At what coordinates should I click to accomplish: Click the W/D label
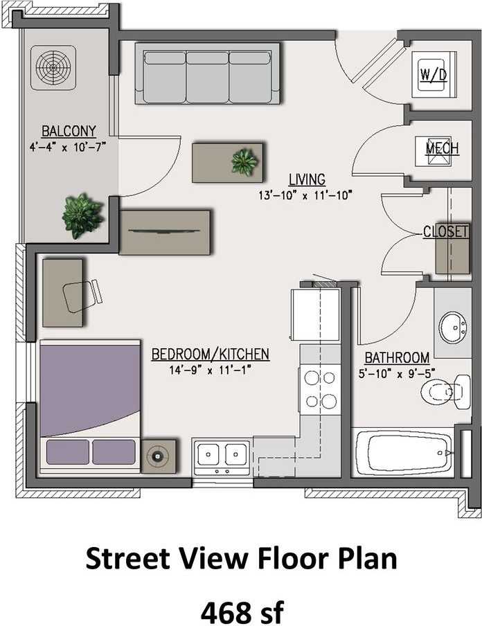click(434, 75)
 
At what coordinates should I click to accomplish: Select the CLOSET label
click(446, 232)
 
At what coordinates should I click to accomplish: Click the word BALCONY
click(69, 131)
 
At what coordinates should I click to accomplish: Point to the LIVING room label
click(307, 180)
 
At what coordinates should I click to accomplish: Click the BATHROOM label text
click(397, 357)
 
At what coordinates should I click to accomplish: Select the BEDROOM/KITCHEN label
click(210, 355)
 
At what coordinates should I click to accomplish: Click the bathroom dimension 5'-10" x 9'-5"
click(397, 373)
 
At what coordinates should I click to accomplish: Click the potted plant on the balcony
click(82, 215)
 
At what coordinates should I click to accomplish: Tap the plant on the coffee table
click(244, 161)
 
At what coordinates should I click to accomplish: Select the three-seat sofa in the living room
click(207, 73)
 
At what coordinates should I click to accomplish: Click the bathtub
click(402, 453)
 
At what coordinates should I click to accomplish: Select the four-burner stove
click(320, 389)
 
